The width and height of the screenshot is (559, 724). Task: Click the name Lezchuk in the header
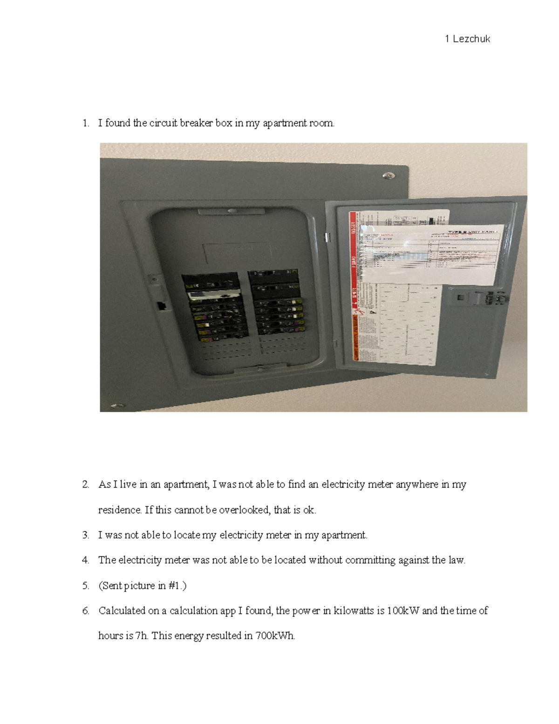coord(471,39)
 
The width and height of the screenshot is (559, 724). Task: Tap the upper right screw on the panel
coord(387,175)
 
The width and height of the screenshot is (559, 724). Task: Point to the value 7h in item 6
coord(141,636)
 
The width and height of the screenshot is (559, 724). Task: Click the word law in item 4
coord(457,560)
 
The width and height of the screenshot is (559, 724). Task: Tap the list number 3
coord(85,535)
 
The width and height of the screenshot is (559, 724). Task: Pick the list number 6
coord(85,611)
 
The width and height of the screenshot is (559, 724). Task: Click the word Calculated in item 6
coord(121,611)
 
